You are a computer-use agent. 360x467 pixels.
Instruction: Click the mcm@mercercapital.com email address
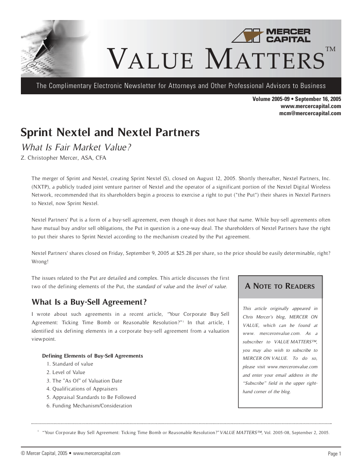[310, 113]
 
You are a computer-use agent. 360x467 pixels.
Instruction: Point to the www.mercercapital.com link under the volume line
[311, 106]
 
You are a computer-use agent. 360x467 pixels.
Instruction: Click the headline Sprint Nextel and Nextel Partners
[110, 133]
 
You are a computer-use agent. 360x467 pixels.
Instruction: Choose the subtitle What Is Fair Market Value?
[76, 147]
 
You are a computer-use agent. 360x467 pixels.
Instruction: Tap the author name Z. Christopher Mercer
[50, 158]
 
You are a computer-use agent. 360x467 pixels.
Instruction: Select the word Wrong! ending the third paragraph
[40, 262]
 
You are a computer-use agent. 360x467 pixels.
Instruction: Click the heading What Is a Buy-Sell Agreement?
[89, 302]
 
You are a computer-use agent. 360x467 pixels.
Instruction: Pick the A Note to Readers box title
[280, 286]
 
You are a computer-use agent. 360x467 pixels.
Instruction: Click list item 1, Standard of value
[70, 364]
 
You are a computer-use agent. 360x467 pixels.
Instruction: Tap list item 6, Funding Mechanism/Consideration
[89, 406]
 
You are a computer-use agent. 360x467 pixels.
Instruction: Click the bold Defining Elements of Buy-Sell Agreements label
[92, 356]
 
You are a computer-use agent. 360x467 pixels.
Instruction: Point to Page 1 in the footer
[334, 454]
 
